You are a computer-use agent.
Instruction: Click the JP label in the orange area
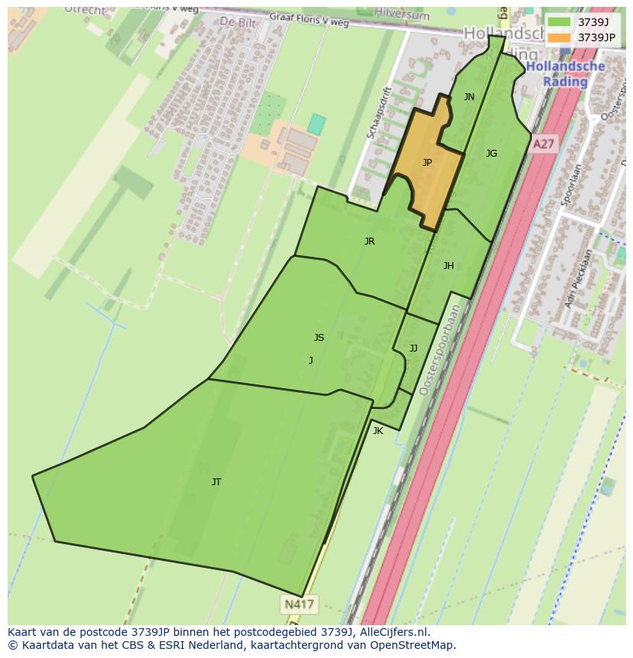[x=427, y=162]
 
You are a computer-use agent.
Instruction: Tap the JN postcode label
[x=469, y=97]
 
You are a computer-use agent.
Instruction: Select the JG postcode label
[x=492, y=154]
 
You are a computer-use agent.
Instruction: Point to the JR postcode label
[x=369, y=241]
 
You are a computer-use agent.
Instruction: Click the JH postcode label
[x=449, y=266]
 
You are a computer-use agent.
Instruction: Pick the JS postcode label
[x=319, y=338]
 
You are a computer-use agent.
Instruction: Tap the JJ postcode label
[x=414, y=348]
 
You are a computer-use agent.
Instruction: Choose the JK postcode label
[x=378, y=431]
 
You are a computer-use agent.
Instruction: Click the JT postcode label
[x=216, y=482]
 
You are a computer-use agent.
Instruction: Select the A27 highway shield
[x=543, y=144]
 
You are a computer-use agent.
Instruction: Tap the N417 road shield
[x=299, y=605]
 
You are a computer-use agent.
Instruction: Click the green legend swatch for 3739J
[x=559, y=22]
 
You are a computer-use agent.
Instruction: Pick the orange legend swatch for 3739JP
[x=559, y=37]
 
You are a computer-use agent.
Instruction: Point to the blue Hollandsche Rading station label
[x=566, y=73]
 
